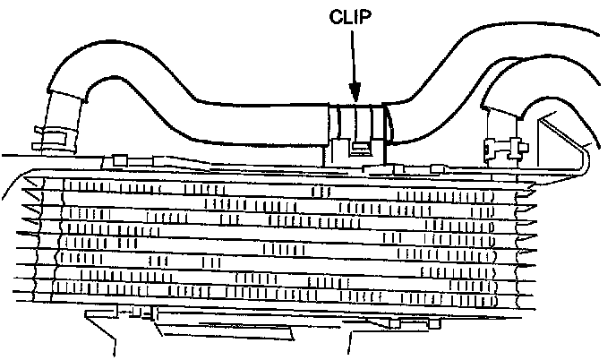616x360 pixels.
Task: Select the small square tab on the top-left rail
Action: pyautogui.click(x=116, y=159)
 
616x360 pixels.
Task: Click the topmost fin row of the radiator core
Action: pyautogui.click(x=269, y=191)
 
